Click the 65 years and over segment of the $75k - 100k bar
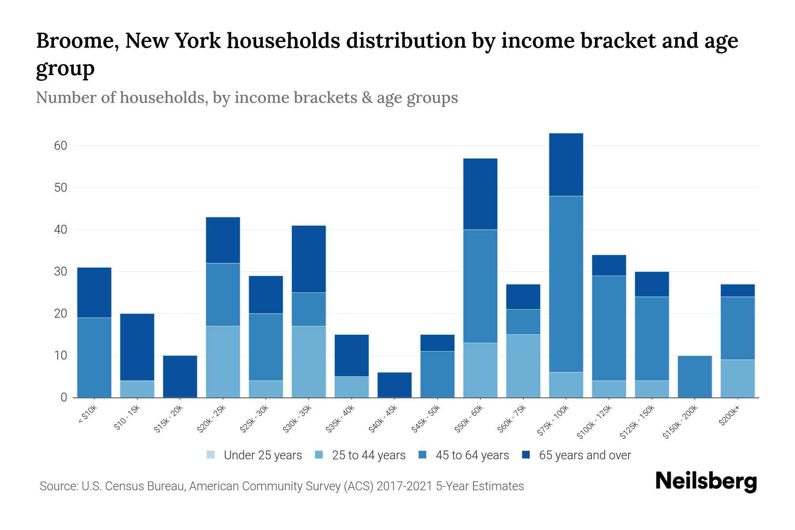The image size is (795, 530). [566, 164]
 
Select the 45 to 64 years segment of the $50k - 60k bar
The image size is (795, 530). [480, 286]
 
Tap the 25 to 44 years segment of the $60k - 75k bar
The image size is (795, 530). [523, 366]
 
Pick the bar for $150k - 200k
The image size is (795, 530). [694, 376]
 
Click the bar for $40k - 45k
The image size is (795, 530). [394, 385]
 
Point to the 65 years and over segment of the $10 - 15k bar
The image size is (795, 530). [137, 347]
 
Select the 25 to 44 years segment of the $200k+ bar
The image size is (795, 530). [737, 379]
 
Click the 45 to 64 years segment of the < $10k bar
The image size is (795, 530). [94, 357]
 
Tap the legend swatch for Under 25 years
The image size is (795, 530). [211, 455]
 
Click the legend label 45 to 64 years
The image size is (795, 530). [472, 455]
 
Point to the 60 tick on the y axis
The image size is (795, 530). [61, 146]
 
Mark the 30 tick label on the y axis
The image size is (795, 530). [61, 272]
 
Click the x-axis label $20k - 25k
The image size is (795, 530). [212, 418]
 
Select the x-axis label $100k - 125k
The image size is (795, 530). [594, 422]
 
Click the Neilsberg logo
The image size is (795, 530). [706, 482]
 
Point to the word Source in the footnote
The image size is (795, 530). [58, 486]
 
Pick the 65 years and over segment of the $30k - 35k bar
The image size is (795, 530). [309, 259]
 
